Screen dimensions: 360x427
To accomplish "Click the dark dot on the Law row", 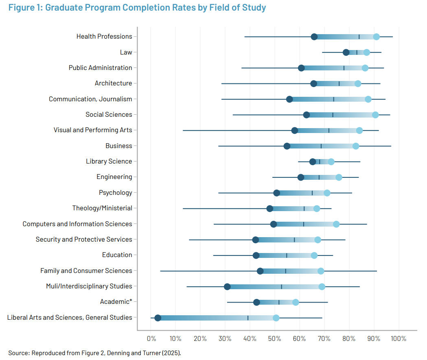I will coord(346,52).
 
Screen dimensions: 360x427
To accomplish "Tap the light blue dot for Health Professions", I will coord(377,37).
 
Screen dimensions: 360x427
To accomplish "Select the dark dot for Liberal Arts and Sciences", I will coord(158,318).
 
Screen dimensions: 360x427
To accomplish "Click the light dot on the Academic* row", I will coord(296,302).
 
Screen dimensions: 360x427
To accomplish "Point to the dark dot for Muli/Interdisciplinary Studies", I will coord(227,287).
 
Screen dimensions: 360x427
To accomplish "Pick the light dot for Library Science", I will coord(331,161).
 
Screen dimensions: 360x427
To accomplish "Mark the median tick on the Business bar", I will coord(321,146).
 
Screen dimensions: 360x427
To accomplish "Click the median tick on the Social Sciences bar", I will coord(333,115).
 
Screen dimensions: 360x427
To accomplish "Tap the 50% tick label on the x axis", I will coord(275,338).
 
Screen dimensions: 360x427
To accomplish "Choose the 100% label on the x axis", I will coord(398,338).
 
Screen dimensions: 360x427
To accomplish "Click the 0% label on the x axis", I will coord(151,338).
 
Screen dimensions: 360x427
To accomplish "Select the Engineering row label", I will coord(114,177).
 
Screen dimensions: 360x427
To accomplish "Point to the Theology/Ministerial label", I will coord(102,208).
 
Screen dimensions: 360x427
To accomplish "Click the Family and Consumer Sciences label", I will coord(86,271).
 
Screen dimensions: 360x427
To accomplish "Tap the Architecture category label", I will coord(113,83).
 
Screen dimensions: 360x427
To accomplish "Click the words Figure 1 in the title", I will coord(24,8).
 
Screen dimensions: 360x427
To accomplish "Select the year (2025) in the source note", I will coord(171,353).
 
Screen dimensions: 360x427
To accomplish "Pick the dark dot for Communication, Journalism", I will coord(289,99).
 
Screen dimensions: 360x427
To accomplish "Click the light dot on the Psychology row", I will coord(327,193).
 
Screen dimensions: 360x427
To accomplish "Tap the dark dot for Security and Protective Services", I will coord(256,240).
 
